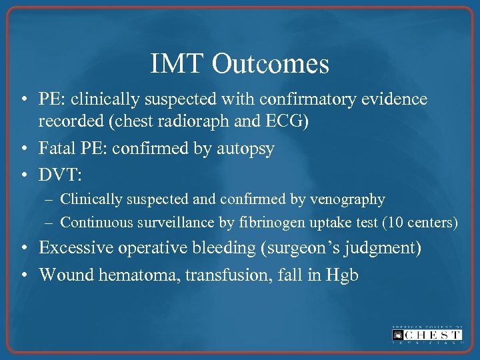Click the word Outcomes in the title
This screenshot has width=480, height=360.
271,64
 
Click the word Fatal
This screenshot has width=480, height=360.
59,147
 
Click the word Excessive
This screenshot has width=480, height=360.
76,248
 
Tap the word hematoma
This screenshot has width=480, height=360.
129,273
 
